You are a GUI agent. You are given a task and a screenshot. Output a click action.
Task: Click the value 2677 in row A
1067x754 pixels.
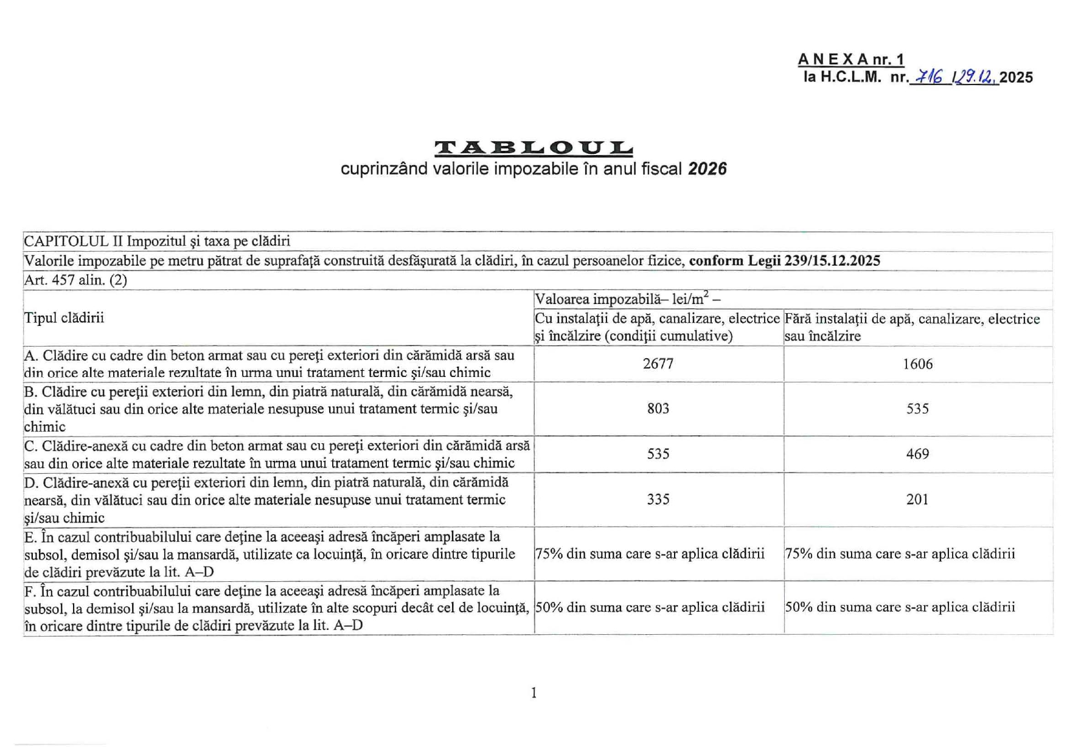pos(658,364)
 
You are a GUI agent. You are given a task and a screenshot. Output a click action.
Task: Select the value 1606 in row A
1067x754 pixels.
pos(917,364)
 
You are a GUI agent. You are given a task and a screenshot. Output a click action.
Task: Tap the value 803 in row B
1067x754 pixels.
pos(658,408)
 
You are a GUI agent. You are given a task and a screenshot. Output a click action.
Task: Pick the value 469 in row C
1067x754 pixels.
pos(917,454)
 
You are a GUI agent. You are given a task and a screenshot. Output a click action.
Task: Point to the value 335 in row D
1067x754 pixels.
pos(658,499)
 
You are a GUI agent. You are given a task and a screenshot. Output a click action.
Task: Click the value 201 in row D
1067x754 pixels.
pos(917,499)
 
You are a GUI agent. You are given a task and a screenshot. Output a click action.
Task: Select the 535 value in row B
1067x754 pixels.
pos(917,408)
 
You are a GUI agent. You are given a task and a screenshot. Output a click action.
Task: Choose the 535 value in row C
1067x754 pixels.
pos(658,454)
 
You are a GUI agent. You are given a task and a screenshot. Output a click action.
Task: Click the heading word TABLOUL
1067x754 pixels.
pos(533,148)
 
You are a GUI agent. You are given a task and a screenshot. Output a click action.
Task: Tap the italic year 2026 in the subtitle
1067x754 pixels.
pos(707,169)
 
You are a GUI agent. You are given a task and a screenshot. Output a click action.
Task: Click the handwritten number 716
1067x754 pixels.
pos(930,77)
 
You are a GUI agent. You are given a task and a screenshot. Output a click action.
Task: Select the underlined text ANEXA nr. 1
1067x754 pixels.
pos(851,60)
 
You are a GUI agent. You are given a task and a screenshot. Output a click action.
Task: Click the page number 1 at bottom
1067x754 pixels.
pos(533,693)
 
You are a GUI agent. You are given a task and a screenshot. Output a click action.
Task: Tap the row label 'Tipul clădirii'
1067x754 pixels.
pos(64,318)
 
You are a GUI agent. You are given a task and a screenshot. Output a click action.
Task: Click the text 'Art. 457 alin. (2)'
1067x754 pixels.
pos(75,280)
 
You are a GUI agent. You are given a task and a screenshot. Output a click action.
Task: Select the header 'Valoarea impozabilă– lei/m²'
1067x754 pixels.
pos(627,299)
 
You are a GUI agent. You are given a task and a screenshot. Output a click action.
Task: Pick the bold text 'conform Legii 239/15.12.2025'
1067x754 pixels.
pos(784,261)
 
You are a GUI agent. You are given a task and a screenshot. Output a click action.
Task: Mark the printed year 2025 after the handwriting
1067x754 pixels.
pos(1016,77)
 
